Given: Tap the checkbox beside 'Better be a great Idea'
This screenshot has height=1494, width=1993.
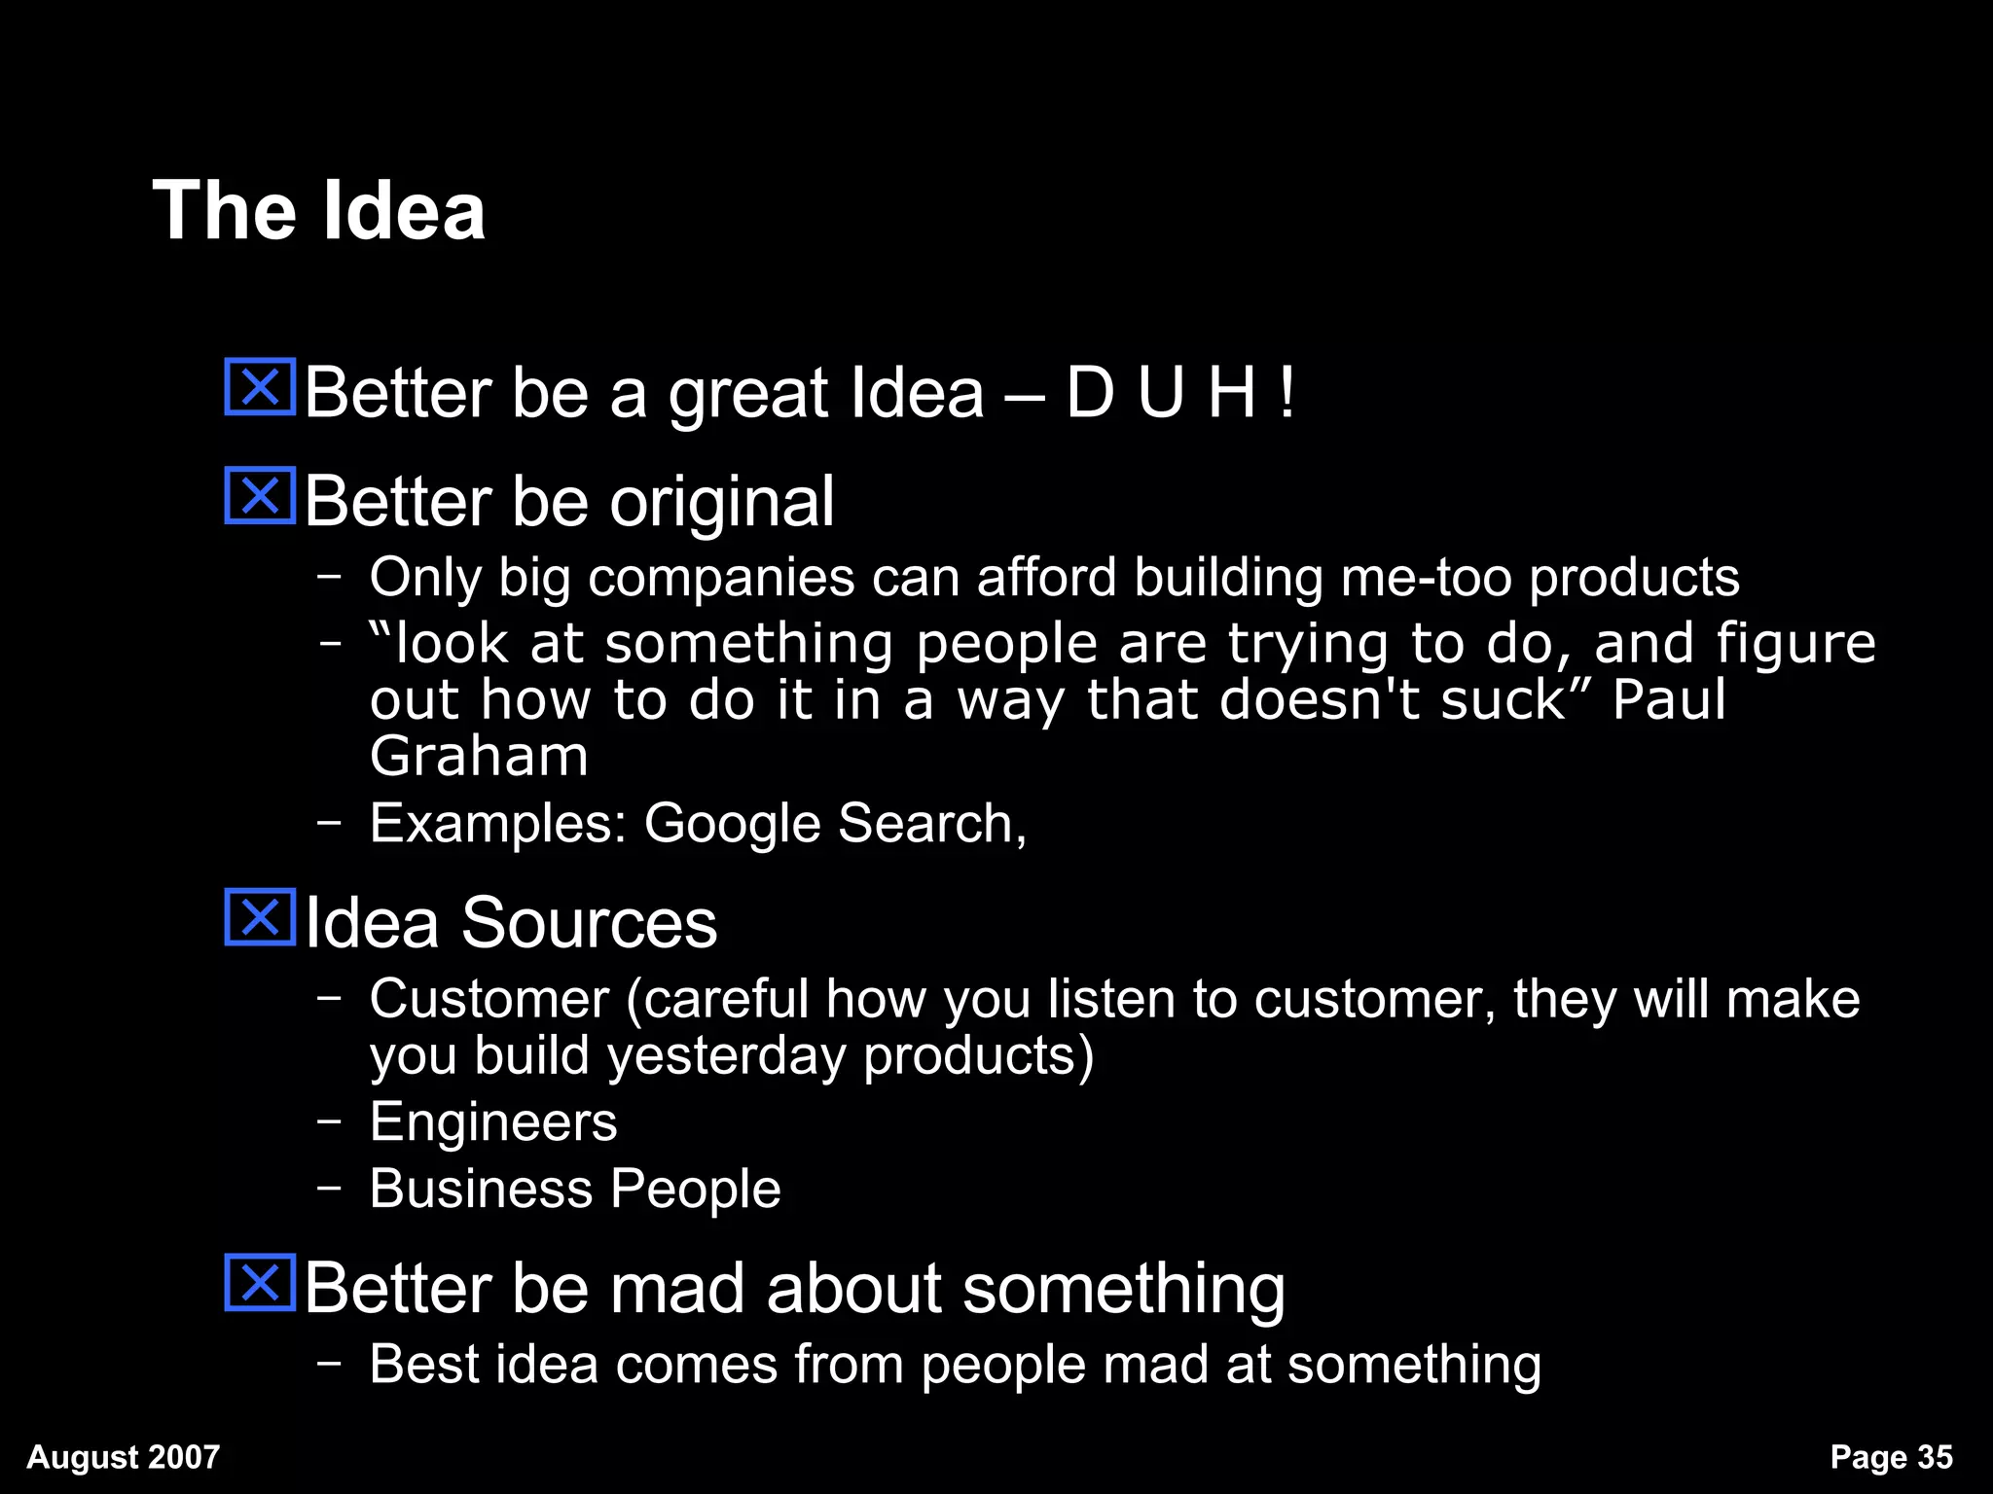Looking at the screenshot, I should coord(260,387).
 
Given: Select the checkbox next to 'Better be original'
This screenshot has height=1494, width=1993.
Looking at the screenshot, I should coord(260,496).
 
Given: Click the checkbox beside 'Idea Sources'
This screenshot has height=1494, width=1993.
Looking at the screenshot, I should coord(260,917).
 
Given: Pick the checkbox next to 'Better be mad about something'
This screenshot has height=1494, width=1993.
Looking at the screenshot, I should coord(260,1283).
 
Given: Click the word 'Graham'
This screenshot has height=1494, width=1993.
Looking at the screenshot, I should coord(479,756).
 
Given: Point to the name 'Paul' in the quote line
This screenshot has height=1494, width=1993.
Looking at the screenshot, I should coord(1668,699).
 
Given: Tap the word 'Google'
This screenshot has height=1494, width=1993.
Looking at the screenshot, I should coord(736,823).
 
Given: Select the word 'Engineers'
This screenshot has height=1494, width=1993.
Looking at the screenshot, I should coord(493,1121).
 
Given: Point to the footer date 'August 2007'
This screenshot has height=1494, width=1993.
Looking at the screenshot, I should coord(124,1456).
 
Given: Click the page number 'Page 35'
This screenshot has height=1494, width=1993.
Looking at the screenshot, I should coord(1891,1456).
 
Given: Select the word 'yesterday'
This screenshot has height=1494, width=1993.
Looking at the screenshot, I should coord(726,1056).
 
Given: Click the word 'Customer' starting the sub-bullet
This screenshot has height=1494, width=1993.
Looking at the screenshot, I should coord(489,999).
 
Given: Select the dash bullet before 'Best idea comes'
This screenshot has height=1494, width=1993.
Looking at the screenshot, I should coord(330,1363).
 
